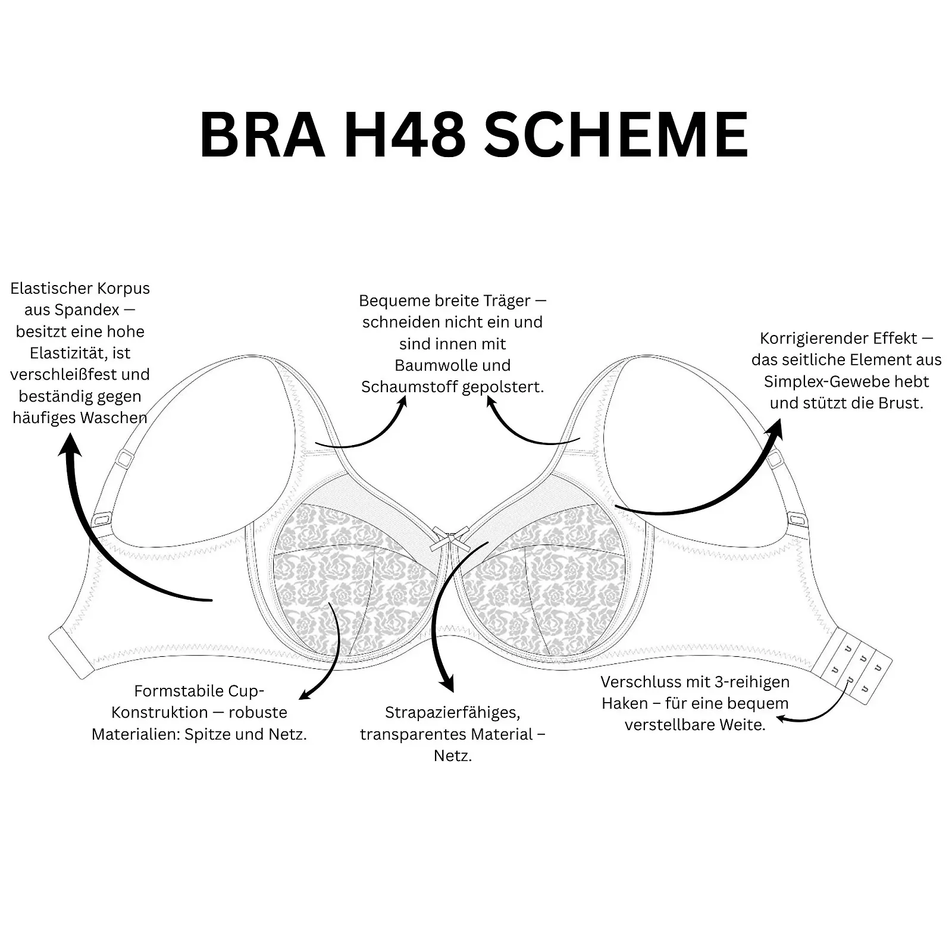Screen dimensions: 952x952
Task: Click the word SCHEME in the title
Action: point(616,134)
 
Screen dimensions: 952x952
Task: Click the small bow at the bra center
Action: point(450,540)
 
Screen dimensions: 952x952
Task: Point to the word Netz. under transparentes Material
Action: point(452,756)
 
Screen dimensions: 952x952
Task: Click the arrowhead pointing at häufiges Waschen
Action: point(70,444)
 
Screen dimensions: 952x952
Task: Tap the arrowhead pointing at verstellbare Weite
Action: point(783,719)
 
